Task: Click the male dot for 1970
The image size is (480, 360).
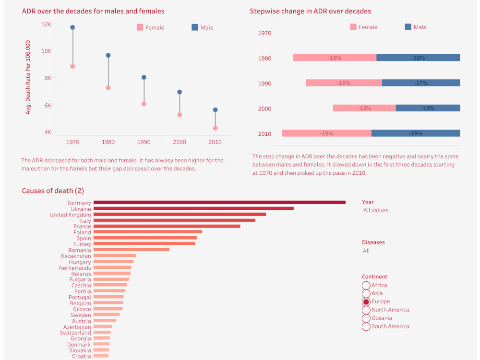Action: coord(72,27)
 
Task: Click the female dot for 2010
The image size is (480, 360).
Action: coord(215,128)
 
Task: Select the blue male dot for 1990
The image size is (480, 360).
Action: coord(144,77)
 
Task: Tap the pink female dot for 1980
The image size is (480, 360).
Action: coord(108,88)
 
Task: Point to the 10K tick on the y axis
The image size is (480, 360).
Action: coord(46,51)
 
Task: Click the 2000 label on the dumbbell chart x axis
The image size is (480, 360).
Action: coord(180,142)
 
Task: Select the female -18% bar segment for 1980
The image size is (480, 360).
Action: coord(335,58)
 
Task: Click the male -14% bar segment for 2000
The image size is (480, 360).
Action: coord(428,108)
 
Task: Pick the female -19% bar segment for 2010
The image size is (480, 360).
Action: coord(326,133)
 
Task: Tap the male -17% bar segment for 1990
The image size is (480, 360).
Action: coord(421,83)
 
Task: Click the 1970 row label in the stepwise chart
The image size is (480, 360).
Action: coord(264,33)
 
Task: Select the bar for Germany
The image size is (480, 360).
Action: coord(219,203)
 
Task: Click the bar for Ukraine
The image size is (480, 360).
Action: coord(193,208)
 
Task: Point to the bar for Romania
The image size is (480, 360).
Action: coord(132,250)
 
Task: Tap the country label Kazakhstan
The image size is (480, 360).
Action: coord(76,256)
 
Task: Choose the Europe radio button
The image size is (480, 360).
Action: coord(366,302)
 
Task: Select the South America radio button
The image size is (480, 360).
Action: coord(366,326)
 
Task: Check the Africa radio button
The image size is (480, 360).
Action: coord(366,286)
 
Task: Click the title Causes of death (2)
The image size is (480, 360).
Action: coord(53,191)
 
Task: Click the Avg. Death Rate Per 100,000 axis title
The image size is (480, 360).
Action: coord(28,77)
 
